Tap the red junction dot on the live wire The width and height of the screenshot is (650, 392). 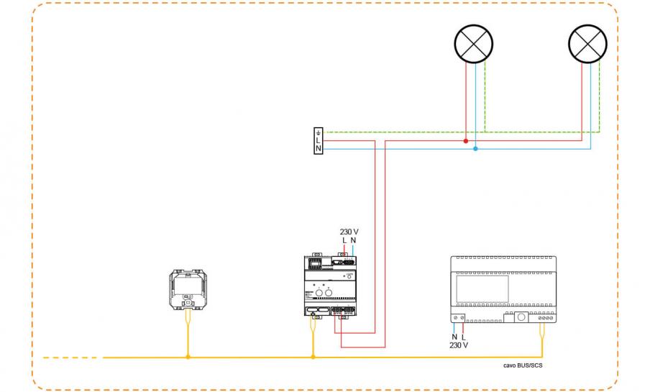pyautogui.click(x=466, y=141)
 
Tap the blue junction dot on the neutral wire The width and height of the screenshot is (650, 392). pyautogui.click(x=475, y=149)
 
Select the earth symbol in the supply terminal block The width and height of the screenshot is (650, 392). pyautogui.click(x=319, y=132)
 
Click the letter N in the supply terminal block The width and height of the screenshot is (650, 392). pyautogui.click(x=319, y=149)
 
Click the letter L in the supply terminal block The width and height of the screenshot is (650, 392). pyautogui.click(x=319, y=140)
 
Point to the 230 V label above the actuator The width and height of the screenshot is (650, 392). pyautogui.click(x=349, y=232)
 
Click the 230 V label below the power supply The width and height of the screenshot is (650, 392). pyautogui.click(x=459, y=345)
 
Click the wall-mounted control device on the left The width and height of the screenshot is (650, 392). pyautogui.click(x=188, y=290)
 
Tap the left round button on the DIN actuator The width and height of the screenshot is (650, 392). pyautogui.click(x=319, y=293)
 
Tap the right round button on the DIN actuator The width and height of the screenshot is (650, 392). pyautogui.click(x=330, y=293)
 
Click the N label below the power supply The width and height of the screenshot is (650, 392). pyautogui.click(x=454, y=337)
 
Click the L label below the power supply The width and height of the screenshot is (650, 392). pyautogui.click(x=464, y=337)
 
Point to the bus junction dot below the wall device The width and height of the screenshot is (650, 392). pyautogui.click(x=188, y=357)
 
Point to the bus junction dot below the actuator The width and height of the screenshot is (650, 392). pyautogui.click(x=313, y=357)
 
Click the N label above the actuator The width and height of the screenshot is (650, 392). pyautogui.click(x=353, y=240)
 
